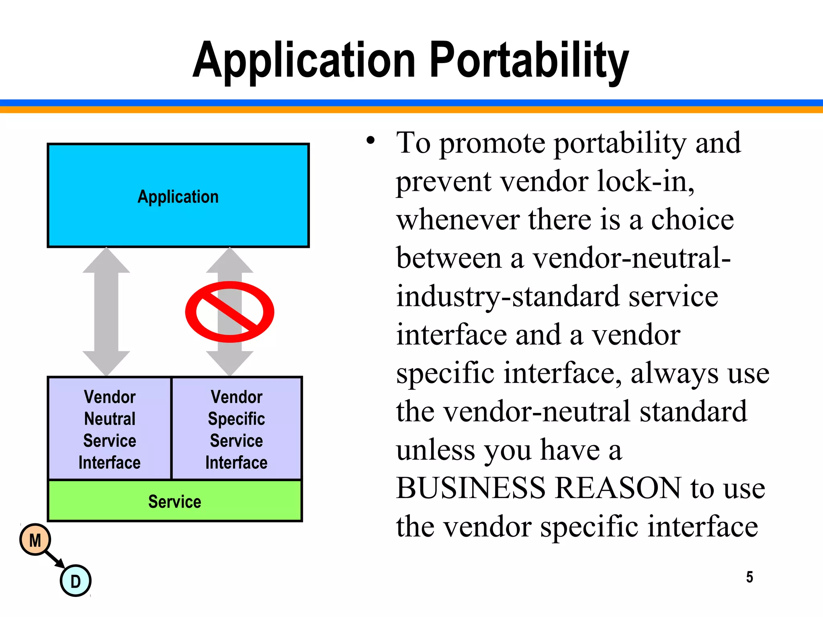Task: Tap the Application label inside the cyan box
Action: click(x=178, y=197)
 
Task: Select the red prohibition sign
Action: click(x=229, y=312)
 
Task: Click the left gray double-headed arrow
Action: click(x=106, y=312)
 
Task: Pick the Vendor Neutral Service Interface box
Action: click(x=109, y=429)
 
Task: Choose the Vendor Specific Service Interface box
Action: click(x=237, y=429)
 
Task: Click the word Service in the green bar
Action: click(x=174, y=502)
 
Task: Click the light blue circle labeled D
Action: click(x=76, y=581)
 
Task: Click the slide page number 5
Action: click(x=749, y=577)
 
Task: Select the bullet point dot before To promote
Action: click(x=370, y=141)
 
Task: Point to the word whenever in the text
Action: click(x=458, y=220)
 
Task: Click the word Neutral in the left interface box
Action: click(x=110, y=419)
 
